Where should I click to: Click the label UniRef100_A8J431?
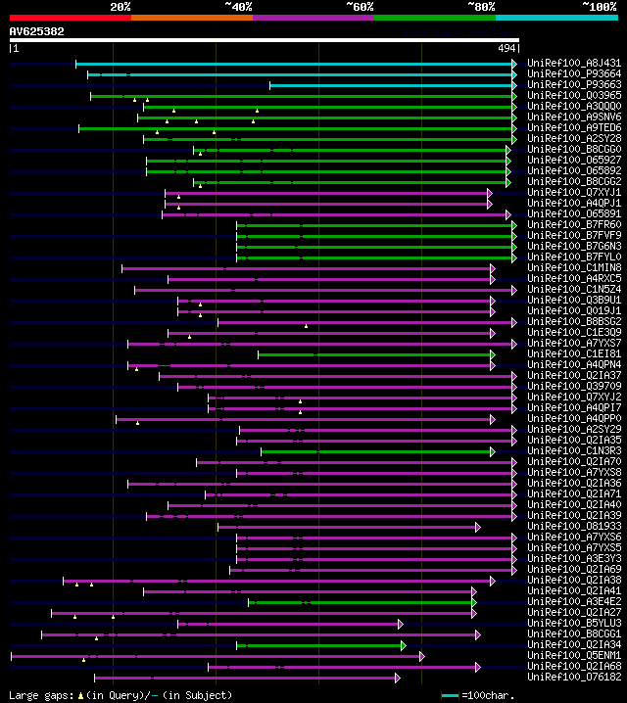(x=574, y=64)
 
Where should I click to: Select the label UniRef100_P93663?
(x=574, y=85)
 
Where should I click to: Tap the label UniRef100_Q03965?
(x=574, y=96)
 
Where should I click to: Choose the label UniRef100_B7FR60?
(x=574, y=225)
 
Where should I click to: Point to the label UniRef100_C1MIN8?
(x=574, y=268)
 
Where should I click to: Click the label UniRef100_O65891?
(x=574, y=214)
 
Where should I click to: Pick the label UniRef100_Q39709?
(x=574, y=387)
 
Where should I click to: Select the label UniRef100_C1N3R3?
(x=574, y=451)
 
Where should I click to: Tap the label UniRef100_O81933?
(x=574, y=527)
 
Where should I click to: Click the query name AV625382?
(x=37, y=31)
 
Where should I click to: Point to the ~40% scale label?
(x=238, y=7)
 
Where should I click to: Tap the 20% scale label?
(x=121, y=7)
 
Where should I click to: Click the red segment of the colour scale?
(x=70, y=18)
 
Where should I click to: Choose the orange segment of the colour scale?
(x=191, y=18)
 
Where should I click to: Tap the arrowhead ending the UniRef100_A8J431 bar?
(x=514, y=64)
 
